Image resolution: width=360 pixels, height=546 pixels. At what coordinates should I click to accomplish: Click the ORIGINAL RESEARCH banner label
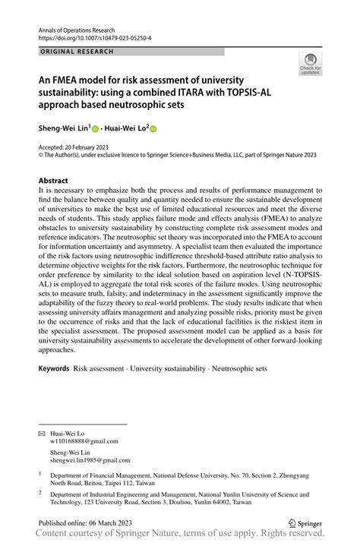tap(76, 52)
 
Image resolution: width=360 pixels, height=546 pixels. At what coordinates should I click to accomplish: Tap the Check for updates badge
tap(310, 65)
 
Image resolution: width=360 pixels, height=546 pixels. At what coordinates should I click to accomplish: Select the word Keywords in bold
tap(54, 368)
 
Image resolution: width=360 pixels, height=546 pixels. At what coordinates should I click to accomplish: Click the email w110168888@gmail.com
tap(84, 441)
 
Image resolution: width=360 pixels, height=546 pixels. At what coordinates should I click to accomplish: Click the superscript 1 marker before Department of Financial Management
tap(40, 472)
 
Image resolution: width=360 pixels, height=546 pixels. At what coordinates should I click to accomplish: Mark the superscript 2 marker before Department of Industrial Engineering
tap(40, 492)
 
